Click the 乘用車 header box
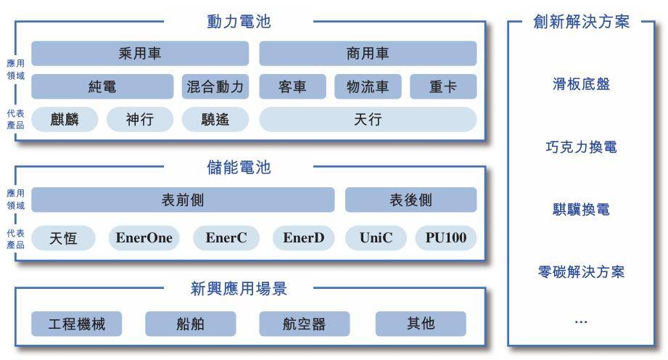point(140,53)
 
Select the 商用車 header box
point(368,53)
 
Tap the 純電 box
point(102,86)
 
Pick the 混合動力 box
point(215,86)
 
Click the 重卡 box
point(443,86)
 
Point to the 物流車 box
point(368,86)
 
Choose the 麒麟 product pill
point(65,120)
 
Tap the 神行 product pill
point(140,120)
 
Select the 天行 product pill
point(368,120)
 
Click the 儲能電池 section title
point(239,167)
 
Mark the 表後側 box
point(411,200)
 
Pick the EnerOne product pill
point(144,237)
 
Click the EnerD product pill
point(303,237)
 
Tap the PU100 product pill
point(445,237)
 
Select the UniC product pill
point(376,237)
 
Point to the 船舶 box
point(191,324)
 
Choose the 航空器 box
point(304,324)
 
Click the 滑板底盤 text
point(581,84)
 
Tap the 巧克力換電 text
point(581,147)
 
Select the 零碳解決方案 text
point(581,271)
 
